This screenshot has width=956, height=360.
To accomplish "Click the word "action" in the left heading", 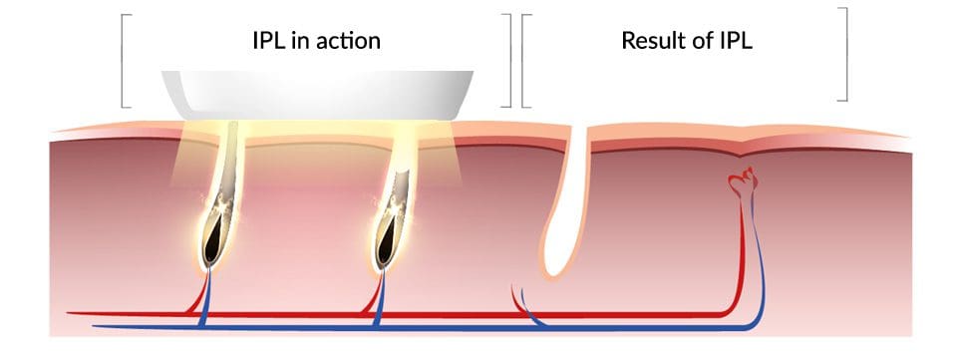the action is tap(346, 41).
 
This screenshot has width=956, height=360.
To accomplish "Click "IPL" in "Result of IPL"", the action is tap(737, 40).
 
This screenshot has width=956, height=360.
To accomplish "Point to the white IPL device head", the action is tap(317, 95).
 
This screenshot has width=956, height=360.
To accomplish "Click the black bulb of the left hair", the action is tap(212, 238).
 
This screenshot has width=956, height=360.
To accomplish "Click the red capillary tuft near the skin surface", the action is tap(743, 180).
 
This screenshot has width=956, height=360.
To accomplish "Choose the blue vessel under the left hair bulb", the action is tap(205, 299).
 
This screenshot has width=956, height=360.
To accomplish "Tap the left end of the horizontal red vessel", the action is tap(68, 313).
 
